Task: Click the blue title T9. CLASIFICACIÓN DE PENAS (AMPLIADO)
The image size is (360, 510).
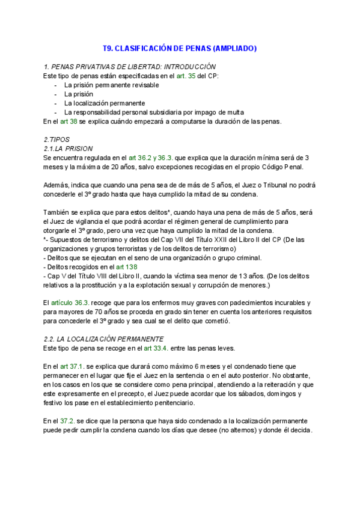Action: pyautogui.click(x=180, y=48)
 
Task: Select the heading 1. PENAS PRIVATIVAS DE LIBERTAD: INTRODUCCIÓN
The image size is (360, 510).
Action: pyautogui.click(x=130, y=66)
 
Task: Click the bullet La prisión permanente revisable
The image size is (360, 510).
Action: pyautogui.click(x=111, y=85)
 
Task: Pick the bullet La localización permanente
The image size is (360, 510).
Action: pyautogui.click(x=105, y=103)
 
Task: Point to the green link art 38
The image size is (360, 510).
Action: pyautogui.click(x=69, y=121)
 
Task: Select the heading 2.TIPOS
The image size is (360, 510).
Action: pyautogui.click(x=57, y=140)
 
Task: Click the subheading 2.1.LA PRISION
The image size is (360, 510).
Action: pyautogui.click(x=69, y=149)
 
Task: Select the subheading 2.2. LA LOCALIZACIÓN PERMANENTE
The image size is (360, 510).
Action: pyautogui.click(x=103, y=339)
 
